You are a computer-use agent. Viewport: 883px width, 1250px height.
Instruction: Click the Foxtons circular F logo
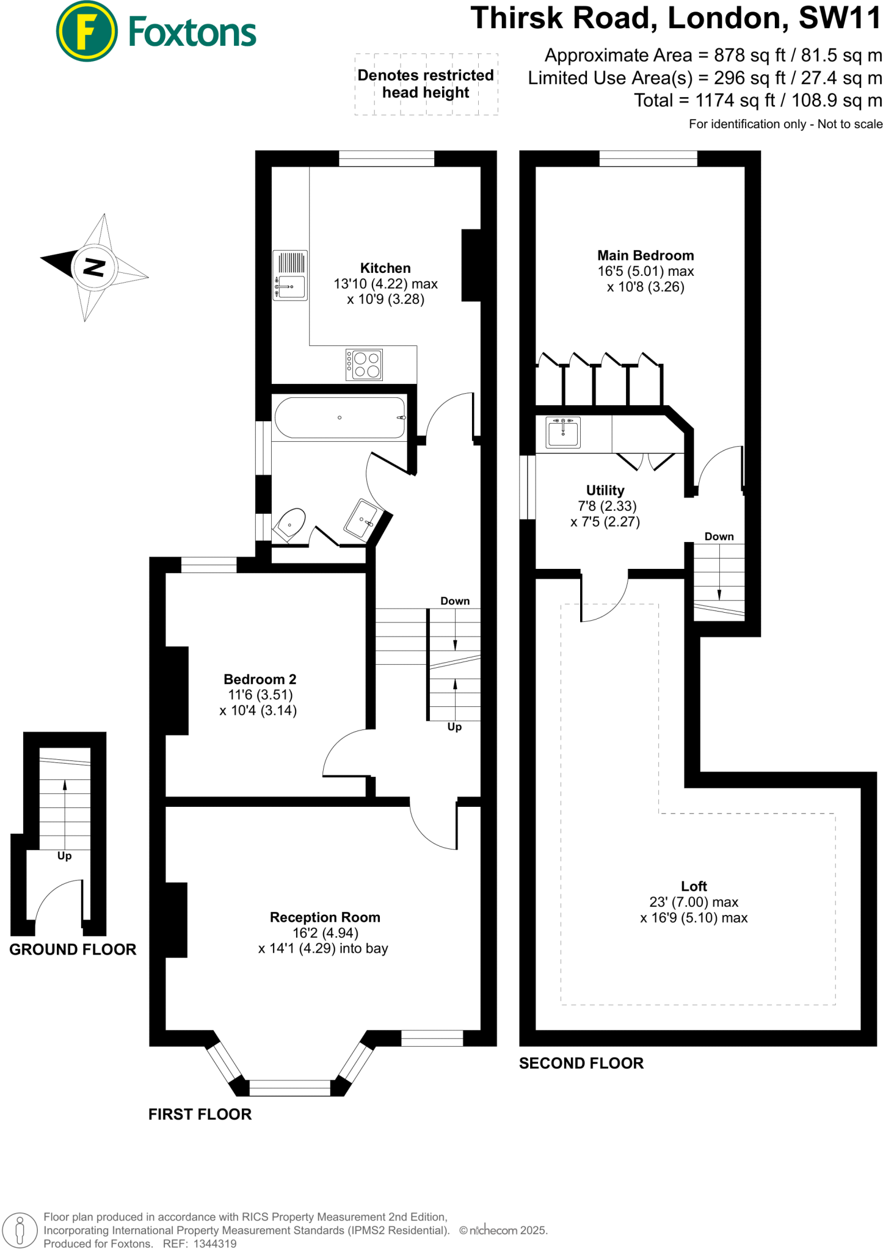tap(86, 31)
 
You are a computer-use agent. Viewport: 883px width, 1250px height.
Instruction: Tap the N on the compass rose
tap(94, 267)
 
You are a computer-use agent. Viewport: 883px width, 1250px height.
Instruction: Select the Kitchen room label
tap(385, 268)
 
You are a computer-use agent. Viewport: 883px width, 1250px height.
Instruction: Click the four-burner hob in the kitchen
tap(365, 364)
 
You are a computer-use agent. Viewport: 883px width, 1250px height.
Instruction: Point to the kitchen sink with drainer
tap(290, 275)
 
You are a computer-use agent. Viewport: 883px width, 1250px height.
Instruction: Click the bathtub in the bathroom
tap(340, 417)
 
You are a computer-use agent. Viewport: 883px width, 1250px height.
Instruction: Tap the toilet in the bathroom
tap(291, 524)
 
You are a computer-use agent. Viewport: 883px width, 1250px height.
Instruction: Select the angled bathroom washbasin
tap(363, 519)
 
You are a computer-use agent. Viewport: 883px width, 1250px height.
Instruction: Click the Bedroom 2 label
tap(260, 679)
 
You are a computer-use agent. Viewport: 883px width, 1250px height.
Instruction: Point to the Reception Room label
tap(325, 917)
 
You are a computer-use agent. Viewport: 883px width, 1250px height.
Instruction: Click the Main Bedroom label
tap(645, 256)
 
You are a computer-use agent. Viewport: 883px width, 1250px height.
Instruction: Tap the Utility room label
tap(605, 490)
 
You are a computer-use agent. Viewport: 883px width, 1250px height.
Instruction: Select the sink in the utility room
tap(563, 432)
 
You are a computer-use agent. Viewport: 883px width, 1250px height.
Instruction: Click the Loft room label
tap(694, 886)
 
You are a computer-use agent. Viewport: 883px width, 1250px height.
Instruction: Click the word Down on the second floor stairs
tap(719, 536)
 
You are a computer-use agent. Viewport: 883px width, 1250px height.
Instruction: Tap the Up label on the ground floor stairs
tap(64, 856)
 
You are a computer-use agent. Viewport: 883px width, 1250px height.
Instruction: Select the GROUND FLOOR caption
tap(73, 950)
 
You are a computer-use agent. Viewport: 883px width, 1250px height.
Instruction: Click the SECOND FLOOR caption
tap(581, 1063)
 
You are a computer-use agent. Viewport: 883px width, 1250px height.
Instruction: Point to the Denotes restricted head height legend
tap(426, 84)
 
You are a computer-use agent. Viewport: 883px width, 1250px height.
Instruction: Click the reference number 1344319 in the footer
tap(215, 1243)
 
